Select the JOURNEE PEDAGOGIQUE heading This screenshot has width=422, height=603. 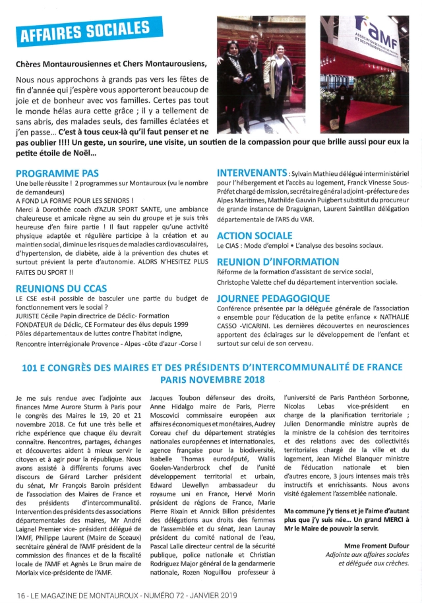click(269, 297)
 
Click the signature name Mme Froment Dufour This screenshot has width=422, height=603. click(377, 545)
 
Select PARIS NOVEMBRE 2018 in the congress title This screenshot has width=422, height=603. click(212, 380)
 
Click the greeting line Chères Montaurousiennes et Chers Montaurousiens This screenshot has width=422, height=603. click(111, 63)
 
